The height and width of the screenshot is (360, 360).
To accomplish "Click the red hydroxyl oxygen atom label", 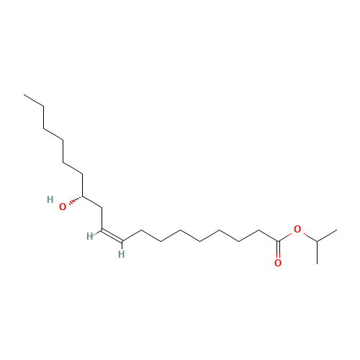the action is (x=63, y=207).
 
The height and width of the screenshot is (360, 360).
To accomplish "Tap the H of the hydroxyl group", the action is (x=50, y=199).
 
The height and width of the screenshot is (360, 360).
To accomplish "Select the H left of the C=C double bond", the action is (x=90, y=236).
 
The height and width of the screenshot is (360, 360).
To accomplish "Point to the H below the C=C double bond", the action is (x=122, y=254).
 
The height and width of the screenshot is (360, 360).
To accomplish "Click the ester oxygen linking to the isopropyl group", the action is (x=297, y=229).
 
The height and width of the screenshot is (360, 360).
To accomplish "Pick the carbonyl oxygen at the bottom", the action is (x=278, y=263).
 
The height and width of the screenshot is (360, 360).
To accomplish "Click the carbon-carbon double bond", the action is (x=112, y=235).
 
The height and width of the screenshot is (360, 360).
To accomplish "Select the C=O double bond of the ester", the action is (x=278, y=250).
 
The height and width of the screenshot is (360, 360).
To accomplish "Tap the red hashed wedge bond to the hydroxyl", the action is (x=76, y=200).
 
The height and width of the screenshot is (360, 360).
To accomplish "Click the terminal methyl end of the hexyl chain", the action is (x=24, y=94).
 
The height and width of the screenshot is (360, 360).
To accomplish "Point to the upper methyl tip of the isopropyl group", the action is (x=337, y=230).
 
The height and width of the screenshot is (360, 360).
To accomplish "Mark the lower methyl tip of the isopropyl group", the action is (x=317, y=264).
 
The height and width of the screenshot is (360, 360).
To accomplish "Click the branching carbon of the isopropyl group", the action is (x=317, y=241).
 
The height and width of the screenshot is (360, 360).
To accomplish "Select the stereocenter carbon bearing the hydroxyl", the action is (x=83, y=196).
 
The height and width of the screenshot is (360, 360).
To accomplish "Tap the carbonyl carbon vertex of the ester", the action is (x=278, y=241).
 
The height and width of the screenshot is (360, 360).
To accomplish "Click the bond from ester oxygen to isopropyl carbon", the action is (x=310, y=237).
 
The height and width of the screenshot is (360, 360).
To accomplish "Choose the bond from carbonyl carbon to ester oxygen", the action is (x=285, y=237).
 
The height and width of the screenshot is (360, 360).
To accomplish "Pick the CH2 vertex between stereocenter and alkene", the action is (x=102, y=208).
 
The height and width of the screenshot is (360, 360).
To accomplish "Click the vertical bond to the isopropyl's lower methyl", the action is (x=317, y=253).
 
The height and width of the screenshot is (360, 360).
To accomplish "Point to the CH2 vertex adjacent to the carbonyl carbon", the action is (x=258, y=230).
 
